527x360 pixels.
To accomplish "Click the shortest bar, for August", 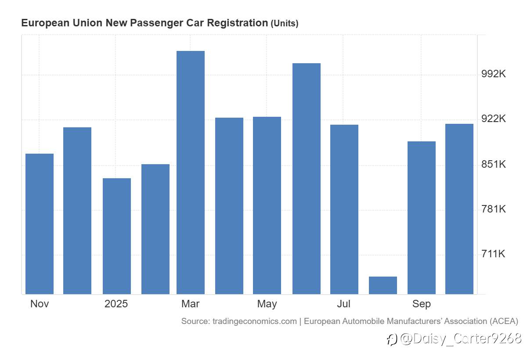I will click(383, 285).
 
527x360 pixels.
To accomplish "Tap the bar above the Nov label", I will click(40, 224).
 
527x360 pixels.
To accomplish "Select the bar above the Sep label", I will click(422, 218).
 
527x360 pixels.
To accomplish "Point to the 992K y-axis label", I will click(494, 74).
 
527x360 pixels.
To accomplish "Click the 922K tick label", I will click(494, 119).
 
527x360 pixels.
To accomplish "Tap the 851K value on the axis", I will click(494, 164).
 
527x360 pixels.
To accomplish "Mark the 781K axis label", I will click(494, 209).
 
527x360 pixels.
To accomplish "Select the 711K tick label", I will click(494, 254).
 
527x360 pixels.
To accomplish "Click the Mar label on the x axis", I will click(191, 304).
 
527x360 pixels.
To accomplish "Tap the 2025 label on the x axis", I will click(116, 304).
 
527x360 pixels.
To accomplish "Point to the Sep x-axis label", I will click(422, 304).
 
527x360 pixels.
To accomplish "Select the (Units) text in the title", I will click(285, 24).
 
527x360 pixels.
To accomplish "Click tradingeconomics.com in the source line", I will click(255, 321).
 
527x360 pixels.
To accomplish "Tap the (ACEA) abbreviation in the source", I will click(504, 321).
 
